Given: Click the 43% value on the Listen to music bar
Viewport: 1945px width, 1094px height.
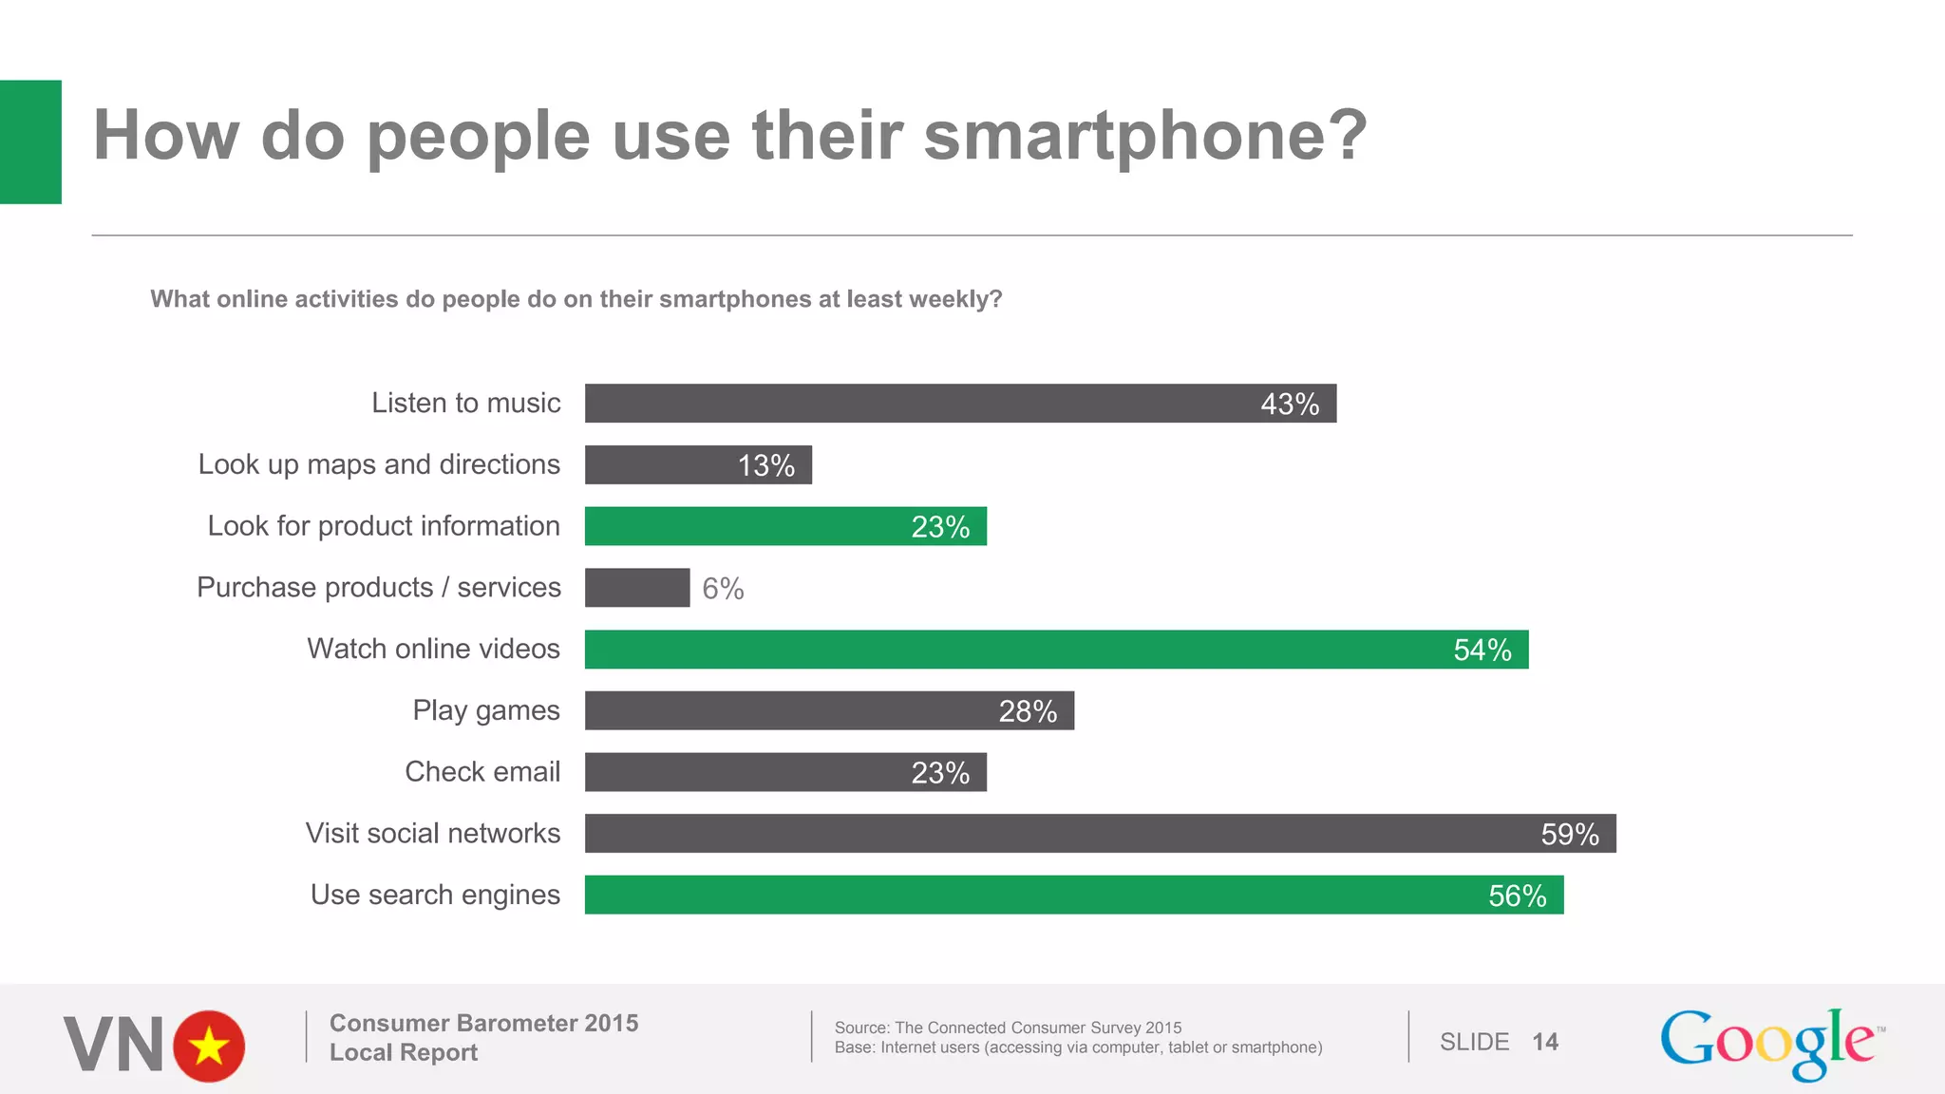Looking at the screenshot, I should [x=1289, y=405].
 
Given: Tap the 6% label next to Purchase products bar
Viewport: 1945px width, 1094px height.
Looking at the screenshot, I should [x=723, y=589].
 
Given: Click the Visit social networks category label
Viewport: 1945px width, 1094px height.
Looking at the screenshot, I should [x=433, y=834].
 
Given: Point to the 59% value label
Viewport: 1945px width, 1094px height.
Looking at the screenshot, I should [x=1569, y=835].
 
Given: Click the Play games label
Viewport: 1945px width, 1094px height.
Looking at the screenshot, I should [x=486, y=710].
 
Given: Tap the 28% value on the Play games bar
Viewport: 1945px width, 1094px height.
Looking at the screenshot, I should [x=1028, y=711].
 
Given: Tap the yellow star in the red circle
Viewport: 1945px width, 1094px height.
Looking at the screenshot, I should [x=209, y=1047].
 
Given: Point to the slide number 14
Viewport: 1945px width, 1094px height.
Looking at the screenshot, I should [x=1544, y=1042].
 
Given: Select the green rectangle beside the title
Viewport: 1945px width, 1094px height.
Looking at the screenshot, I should [x=30, y=141].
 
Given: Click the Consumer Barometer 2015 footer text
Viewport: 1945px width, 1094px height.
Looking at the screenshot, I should [x=483, y=1023].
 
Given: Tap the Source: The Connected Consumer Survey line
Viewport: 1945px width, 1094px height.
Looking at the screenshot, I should [x=1008, y=1028].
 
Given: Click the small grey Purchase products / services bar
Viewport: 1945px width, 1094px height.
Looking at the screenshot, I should [x=636, y=588].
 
